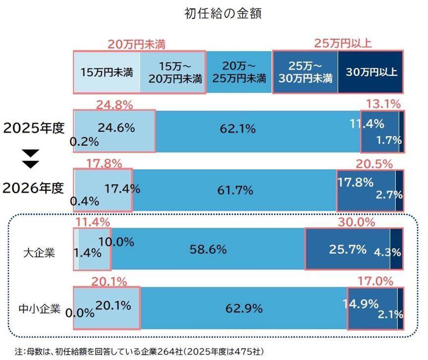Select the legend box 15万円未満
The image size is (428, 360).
pyautogui.click(x=107, y=71)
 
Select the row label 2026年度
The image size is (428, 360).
pyautogui.click(x=34, y=188)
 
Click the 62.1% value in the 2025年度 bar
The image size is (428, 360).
pyautogui.click(x=237, y=129)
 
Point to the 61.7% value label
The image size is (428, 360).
pyautogui.click(x=235, y=190)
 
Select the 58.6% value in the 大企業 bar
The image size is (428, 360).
pyautogui.click(x=208, y=249)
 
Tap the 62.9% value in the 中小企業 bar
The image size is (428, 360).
pyautogui.click(x=244, y=309)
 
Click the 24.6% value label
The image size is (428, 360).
pyautogui.click(x=116, y=128)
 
